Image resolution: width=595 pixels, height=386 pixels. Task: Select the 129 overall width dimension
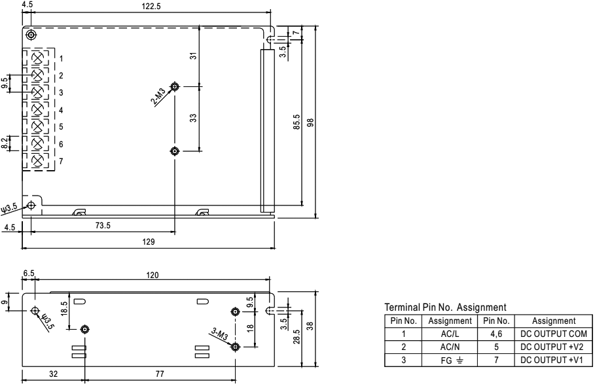click(149, 242)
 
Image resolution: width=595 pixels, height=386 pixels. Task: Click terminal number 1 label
click(60, 59)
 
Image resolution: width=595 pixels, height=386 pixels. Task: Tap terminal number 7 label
click(60, 161)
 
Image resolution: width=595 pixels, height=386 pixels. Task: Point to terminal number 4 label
click(60, 110)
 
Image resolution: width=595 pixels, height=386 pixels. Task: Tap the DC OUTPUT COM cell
click(552, 332)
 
